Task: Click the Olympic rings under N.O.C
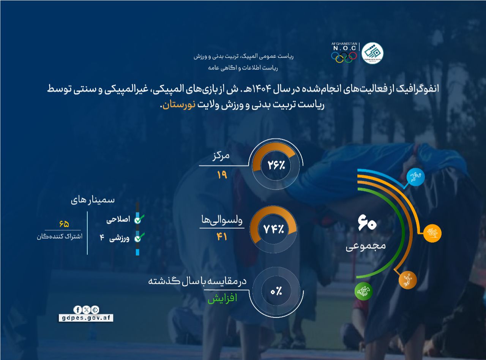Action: coord(344,57)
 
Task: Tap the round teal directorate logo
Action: coord(372,53)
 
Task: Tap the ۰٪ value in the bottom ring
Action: coord(276,292)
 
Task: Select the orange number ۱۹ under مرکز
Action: coord(222,175)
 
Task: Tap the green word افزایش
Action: coord(222,298)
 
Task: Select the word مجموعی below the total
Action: coord(366,246)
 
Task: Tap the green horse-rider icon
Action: coord(364,292)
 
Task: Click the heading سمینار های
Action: coord(93,201)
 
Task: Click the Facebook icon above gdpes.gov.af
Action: coord(77,309)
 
